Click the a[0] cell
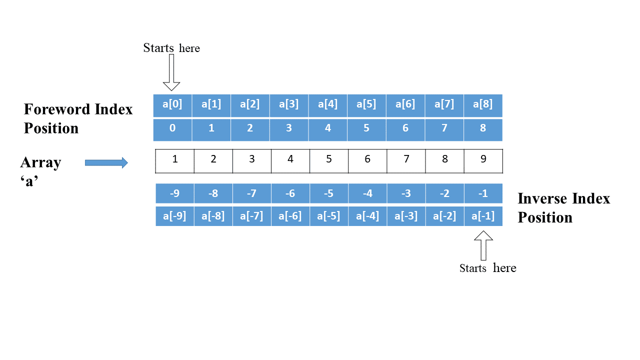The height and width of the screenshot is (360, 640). [x=172, y=105]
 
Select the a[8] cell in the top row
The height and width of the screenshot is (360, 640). [x=483, y=105]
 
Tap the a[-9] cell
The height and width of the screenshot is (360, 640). [x=174, y=216]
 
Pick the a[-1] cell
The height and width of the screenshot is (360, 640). [x=483, y=216]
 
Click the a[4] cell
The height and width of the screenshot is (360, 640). [x=327, y=105]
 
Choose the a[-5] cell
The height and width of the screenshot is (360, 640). [x=328, y=216]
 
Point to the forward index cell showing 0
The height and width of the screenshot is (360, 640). [x=172, y=128]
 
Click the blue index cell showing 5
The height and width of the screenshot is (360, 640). [x=366, y=128]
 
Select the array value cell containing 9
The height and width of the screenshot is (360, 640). [x=483, y=159]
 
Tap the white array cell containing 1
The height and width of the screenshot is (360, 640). [x=174, y=159]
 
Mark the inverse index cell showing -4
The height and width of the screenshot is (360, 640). [x=367, y=193]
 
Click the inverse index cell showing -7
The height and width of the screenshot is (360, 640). [x=251, y=193]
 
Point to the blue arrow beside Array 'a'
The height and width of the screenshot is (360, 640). [x=106, y=162]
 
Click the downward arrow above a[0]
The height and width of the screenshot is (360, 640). [x=171, y=72]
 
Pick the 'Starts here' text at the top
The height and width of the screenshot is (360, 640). [x=171, y=48]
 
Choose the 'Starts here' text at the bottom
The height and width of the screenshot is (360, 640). [x=487, y=268]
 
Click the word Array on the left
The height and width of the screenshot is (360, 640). [x=40, y=162]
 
